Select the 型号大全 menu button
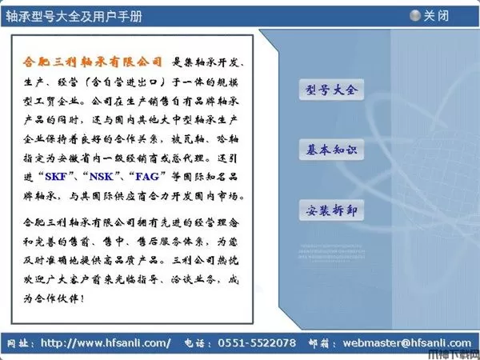[x=330, y=90]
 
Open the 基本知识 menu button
[x=330, y=150]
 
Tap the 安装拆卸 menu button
[x=330, y=211]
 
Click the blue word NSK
[x=104, y=176]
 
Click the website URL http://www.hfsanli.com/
[x=106, y=343]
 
